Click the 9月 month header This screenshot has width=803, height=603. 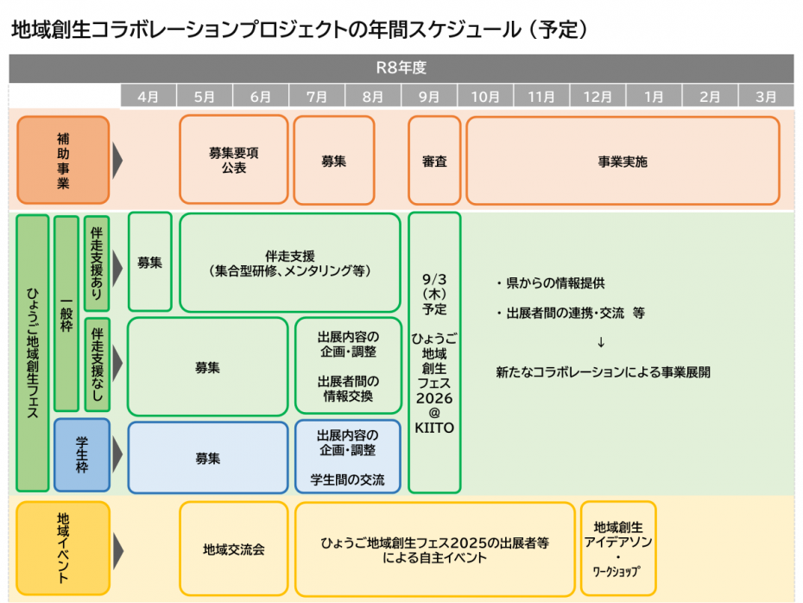click(x=429, y=97)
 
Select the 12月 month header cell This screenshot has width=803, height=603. click(x=598, y=97)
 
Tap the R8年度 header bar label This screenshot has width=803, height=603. click(x=401, y=67)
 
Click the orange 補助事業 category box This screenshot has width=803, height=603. click(x=63, y=161)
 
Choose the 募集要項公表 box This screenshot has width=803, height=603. click(x=233, y=161)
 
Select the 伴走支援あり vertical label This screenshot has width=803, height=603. click(x=97, y=263)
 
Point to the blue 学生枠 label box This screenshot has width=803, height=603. click(x=81, y=455)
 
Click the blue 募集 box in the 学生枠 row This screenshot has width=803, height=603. click(x=207, y=457)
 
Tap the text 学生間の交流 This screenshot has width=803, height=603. click(x=347, y=479)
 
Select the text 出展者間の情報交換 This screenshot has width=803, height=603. click(x=347, y=388)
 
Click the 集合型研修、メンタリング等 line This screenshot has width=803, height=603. click(x=289, y=270)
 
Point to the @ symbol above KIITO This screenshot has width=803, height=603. click(x=434, y=413)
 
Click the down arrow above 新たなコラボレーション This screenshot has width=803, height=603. click(x=601, y=342)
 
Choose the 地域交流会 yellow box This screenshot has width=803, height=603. click(x=233, y=549)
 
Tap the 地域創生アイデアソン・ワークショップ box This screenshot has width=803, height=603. click(x=617, y=548)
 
